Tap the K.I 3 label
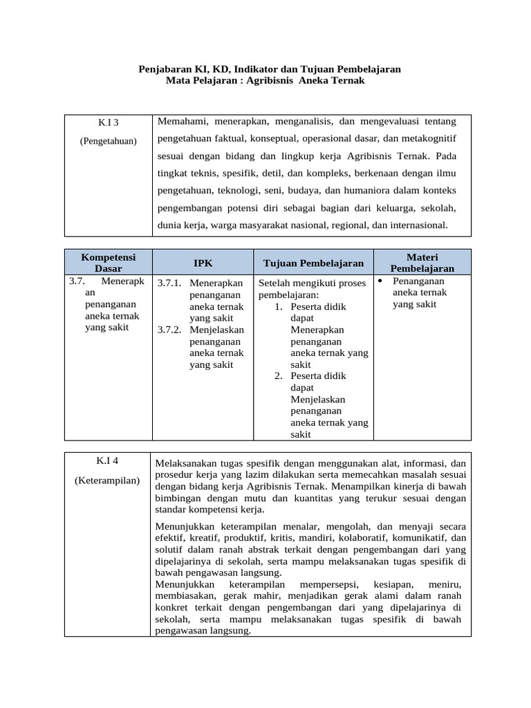click(108, 122)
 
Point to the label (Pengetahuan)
click(108, 141)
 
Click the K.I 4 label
click(108, 461)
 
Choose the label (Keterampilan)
click(108, 480)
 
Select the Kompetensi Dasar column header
click(108, 262)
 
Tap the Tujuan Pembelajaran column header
click(313, 263)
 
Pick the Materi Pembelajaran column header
click(422, 262)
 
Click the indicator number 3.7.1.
click(168, 283)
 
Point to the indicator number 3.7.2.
click(168, 330)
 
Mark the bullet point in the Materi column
click(382, 281)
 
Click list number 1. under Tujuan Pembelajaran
click(279, 306)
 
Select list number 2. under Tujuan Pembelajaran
click(279, 376)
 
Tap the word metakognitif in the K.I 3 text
click(429, 138)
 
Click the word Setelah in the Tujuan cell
click(274, 283)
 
